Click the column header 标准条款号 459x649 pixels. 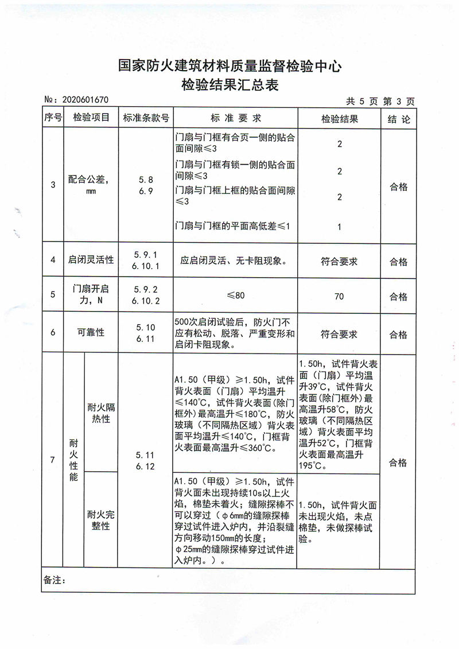146,118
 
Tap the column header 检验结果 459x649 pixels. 339,119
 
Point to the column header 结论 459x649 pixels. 398,119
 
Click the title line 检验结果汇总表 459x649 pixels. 229,86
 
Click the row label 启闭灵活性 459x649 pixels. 91,260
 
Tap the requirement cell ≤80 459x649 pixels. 235,296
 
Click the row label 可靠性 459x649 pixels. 91,332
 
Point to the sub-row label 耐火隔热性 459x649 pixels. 101,413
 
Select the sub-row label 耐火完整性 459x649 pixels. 101,520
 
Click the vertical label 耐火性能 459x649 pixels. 73,460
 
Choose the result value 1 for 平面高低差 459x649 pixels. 339,227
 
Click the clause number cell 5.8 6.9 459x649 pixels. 146,185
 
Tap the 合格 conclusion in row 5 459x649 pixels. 398,297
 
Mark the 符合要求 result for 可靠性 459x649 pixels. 339,334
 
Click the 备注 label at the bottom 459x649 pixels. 55,581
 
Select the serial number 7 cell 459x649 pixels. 53,460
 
